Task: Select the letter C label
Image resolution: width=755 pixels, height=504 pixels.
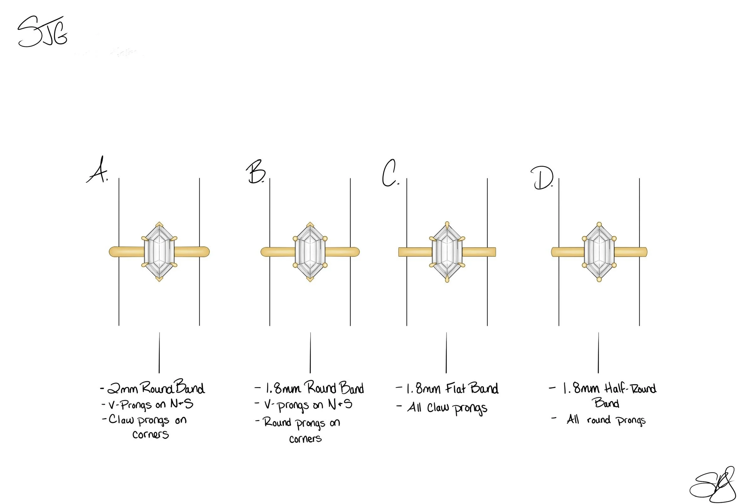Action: tap(390, 174)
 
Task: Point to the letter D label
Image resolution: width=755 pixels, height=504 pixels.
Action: tap(542, 178)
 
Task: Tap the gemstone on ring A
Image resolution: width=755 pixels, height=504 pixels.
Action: tap(159, 252)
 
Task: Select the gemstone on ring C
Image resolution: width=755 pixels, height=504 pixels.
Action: tap(447, 252)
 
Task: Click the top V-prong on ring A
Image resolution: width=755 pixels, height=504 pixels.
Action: tap(159, 224)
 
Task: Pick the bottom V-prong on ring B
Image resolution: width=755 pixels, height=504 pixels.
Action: tap(310, 279)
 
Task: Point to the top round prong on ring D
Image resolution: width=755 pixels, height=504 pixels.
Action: tap(599, 224)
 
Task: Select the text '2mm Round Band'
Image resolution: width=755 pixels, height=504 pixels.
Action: tap(156, 388)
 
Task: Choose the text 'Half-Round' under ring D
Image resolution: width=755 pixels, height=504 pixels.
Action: tap(630, 389)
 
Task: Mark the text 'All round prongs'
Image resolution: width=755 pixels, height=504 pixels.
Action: tap(606, 420)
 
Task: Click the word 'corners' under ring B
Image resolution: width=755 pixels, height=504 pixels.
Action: tap(305, 439)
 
